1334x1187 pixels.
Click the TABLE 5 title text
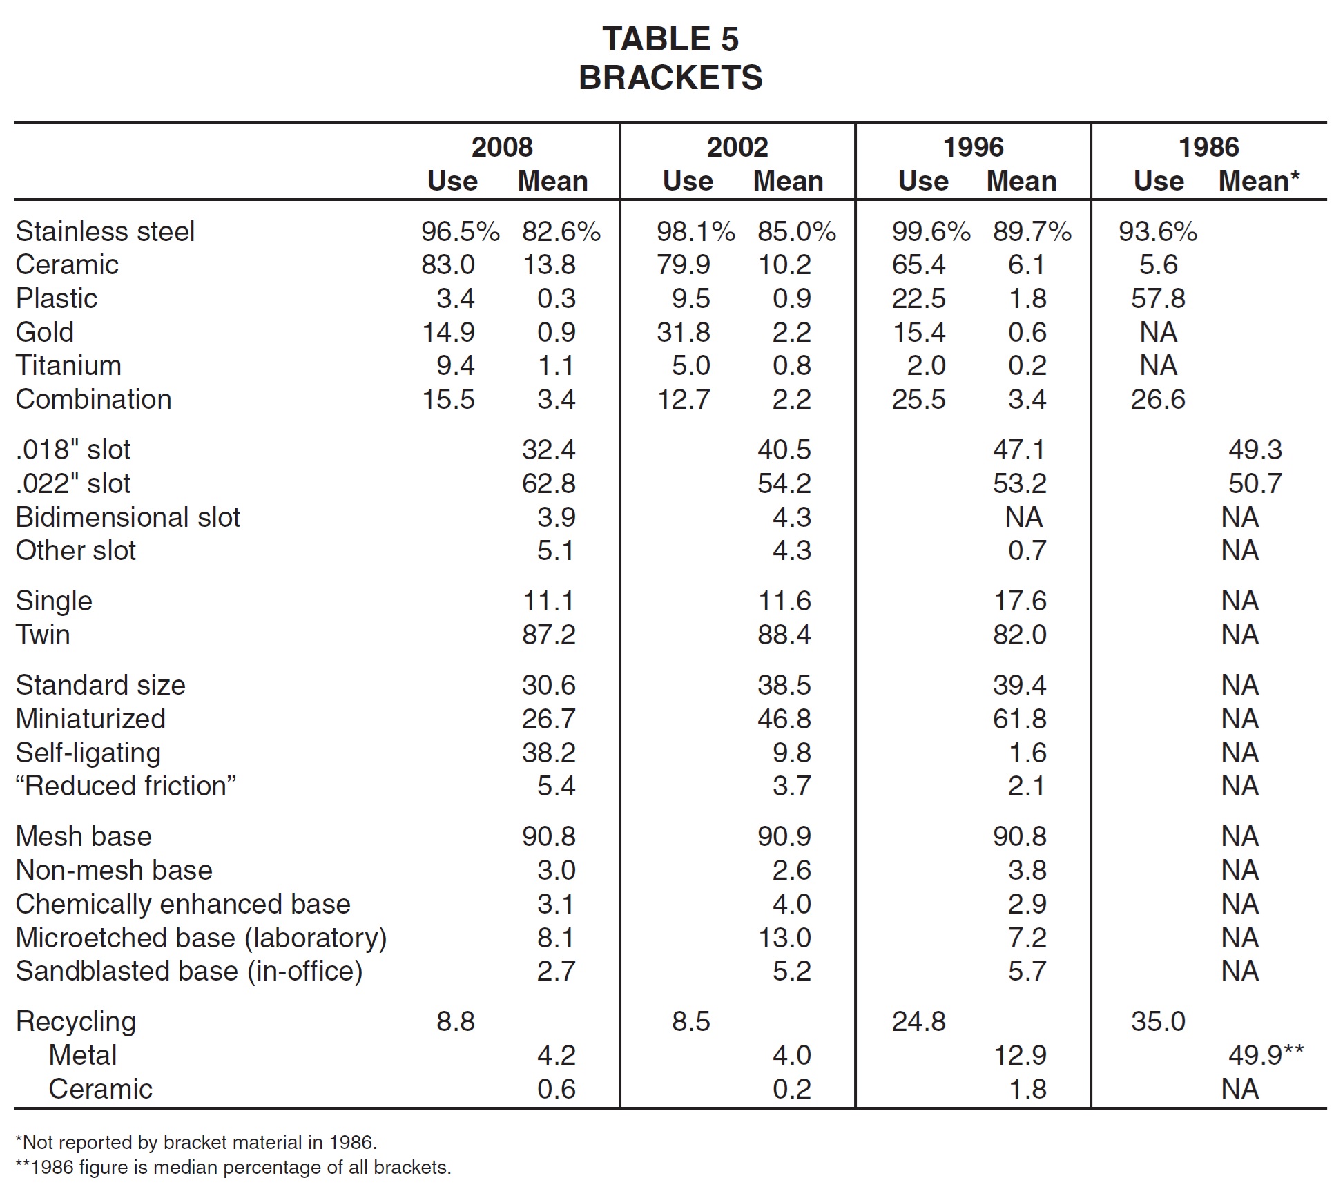coord(670,39)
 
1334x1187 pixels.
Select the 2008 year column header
coord(502,147)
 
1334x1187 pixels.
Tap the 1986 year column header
coord(1208,147)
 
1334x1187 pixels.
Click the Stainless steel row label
coord(105,231)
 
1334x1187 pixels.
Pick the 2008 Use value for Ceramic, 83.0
coord(448,264)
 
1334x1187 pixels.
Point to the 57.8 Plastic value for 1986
coord(1158,298)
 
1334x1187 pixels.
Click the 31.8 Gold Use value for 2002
coord(684,332)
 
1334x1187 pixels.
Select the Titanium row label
coord(68,365)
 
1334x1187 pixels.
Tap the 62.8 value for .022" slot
coord(549,483)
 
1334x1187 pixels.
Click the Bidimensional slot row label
coord(128,517)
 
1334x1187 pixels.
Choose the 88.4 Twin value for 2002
coord(784,635)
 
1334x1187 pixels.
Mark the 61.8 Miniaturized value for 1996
coord(1020,719)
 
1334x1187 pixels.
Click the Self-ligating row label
coord(88,753)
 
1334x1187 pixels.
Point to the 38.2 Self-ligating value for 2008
coord(549,753)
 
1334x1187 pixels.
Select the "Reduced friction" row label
coord(126,786)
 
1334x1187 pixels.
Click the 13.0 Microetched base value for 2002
coord(784,938)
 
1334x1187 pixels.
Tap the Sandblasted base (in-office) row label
coord(189,972)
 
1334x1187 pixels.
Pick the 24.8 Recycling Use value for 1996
coord(919,1021)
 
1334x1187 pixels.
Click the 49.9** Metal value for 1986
coord(1266,1055)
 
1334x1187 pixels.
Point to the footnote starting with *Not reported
coord(197,1143)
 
